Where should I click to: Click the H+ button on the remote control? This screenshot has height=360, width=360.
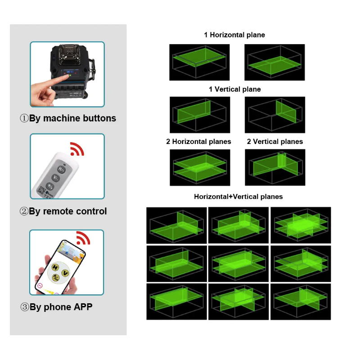61,170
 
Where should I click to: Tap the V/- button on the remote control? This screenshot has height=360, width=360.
55,178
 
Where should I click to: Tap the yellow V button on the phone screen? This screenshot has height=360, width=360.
65,273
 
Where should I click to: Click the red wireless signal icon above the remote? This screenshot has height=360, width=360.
77,149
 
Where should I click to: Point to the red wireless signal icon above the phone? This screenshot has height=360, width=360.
83,238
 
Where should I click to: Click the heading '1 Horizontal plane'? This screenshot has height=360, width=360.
234,35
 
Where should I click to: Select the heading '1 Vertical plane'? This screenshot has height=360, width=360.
234,89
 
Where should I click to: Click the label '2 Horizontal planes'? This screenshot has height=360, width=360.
198,142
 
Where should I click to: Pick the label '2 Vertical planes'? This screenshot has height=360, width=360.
275,142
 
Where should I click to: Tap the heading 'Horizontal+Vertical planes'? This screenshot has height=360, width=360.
238,197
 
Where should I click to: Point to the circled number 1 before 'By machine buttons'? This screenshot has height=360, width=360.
24,118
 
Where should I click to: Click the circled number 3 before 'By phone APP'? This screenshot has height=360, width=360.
25,307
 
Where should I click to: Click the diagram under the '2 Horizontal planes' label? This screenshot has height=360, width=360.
200,167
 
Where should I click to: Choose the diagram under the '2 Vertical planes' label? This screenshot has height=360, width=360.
275,167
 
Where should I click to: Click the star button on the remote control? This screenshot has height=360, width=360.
50,186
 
